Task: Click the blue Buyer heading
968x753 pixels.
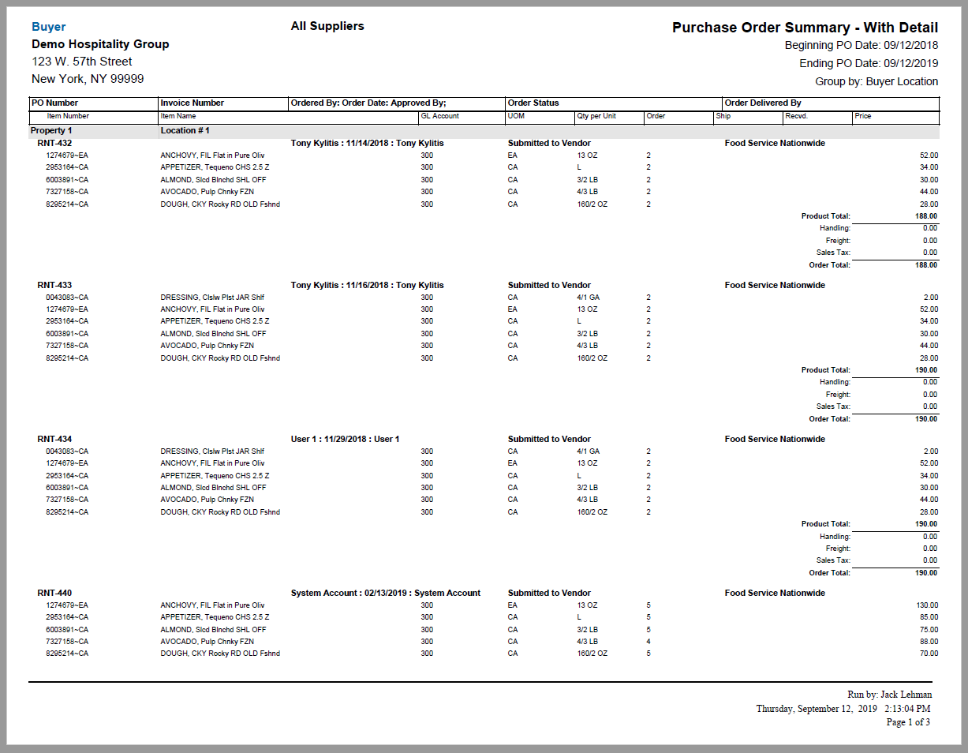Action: pyautogui.click(x=48, y=27)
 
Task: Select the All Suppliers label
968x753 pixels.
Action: pyautogui.click(x=327, y=26)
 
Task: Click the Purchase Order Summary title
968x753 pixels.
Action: pyautogui.click(x=805, y=28)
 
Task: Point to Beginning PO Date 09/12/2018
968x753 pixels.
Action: pyautogui.click(x=861, y=46)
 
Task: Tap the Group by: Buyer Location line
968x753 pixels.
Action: pyautogui.click(x=876, y=81)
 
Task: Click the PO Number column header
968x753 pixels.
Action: pyautogui.click(x=54, y=103)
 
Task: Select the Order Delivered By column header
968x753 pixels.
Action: pyautogui.click(x=763, y=103)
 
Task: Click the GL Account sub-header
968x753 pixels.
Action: pyautogui.click(x=440, y=116)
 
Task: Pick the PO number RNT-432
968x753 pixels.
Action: pyautogui.click(x=54, y=144)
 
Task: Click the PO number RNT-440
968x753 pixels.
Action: pyautogui.click(x=54, y=593)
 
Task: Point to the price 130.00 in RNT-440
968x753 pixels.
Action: pyautogui.click(x=927, y=605)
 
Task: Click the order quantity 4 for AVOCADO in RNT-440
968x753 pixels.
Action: pyautogui.click(x=648, y=642)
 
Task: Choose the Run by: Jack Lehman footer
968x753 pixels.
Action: pyautogui.click(x=889, y=695)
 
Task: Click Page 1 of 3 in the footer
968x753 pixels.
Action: pyautogui.click(x=908, y=722)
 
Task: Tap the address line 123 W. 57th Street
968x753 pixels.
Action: pyautogui.click(x=82, y=62)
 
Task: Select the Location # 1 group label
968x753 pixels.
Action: pyautogui.click(x=185, y=130)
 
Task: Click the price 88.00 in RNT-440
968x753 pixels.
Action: pyautogui.click(x=929, y=642)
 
